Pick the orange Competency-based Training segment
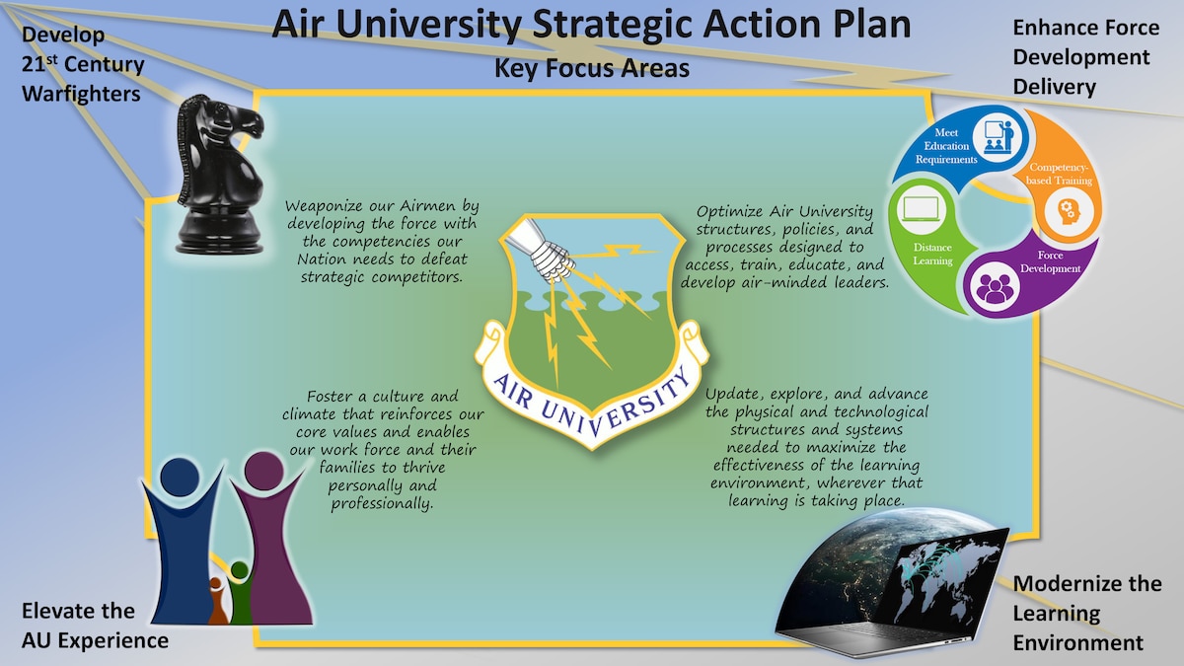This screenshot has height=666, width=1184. click(1061, 178)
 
